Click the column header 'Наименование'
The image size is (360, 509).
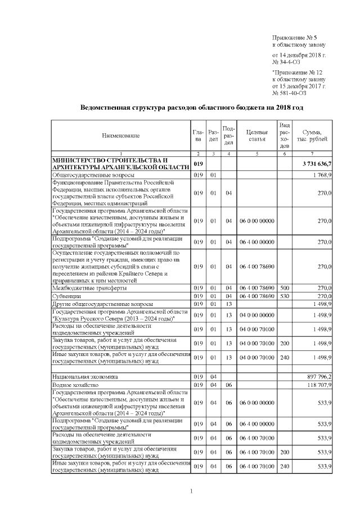tap(121, 136)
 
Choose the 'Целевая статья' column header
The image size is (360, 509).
tap(256, 136)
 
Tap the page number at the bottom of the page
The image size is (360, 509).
tap(191, 492)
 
